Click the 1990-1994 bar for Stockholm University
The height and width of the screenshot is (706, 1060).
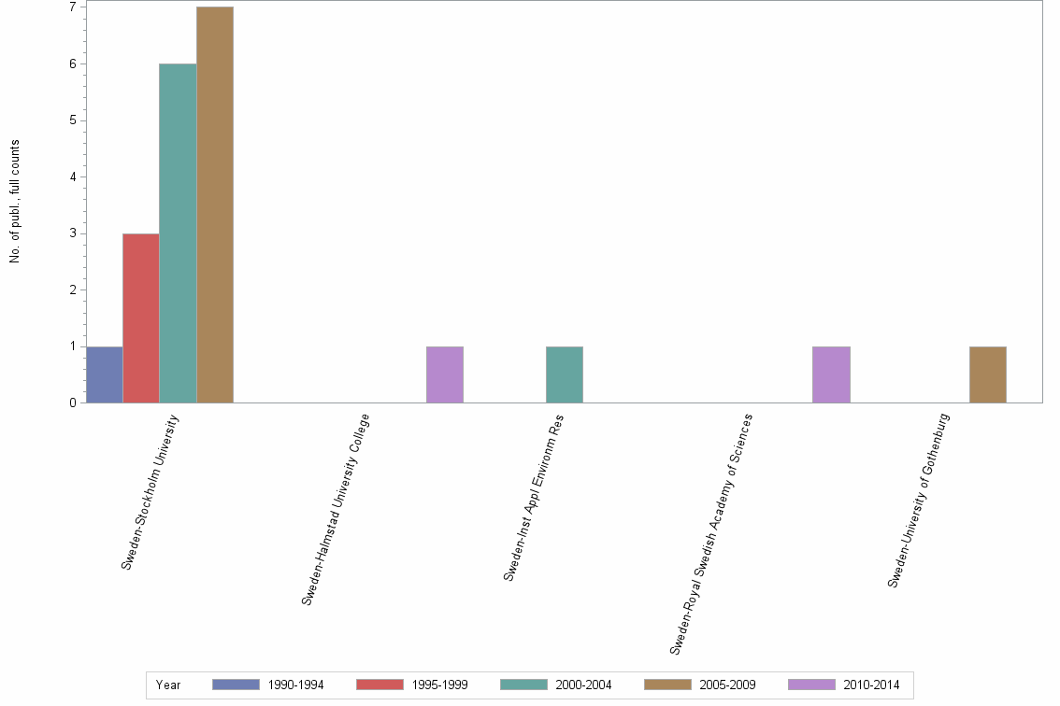click(104, 374)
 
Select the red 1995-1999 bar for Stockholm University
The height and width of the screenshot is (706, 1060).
click(140, 318)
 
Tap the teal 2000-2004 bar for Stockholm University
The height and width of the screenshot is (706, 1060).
click(178, 233)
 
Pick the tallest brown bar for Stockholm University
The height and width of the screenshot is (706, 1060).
click(215, 205)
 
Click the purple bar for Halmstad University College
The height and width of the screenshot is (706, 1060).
click(445, 374)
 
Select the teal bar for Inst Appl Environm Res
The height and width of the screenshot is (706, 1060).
click(565, 374)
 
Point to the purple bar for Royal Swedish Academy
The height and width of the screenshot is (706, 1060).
click(831, 374)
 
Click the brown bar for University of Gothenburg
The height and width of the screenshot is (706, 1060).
click(988, 374)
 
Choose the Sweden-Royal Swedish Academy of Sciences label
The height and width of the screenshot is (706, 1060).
click(711, 533)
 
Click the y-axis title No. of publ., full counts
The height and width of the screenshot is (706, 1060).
click(15, 201)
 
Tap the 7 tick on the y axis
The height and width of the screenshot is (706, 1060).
click(72, 7)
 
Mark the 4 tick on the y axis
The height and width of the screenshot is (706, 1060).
click(72, 176)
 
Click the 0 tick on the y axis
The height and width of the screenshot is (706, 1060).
click(72, 402)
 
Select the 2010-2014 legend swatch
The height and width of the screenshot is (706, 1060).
click(811, 685)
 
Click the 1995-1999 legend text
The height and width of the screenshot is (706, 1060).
click(439, 685)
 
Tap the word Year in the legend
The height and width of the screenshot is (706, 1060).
click(169, 685)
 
